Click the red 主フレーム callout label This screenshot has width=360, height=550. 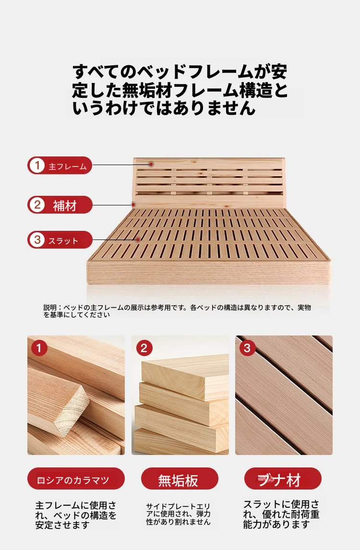(60, 166)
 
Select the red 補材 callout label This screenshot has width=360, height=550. (60, 205)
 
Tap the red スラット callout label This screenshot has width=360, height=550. (60, 240)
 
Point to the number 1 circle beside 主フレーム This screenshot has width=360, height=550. (37, 166)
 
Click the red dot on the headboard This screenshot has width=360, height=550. (151, 164)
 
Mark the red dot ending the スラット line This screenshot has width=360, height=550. (138, 240)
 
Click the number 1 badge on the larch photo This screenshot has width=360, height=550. (39, 348)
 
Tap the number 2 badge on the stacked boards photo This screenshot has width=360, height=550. (144, 348)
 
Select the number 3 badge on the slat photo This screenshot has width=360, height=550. (247, 348)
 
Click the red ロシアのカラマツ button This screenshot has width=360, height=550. (76, 479)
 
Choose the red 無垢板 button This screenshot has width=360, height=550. (180, 479)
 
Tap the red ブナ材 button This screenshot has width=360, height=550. (283, 479)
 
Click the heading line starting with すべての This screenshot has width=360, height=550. (180, 72)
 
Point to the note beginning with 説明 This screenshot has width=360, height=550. (177, 311)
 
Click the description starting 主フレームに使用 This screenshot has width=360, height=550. (76, 515)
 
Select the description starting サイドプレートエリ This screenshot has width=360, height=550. (178, 514)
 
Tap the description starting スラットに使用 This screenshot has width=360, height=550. (281, 514)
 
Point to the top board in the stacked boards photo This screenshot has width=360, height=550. (185, 376)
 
